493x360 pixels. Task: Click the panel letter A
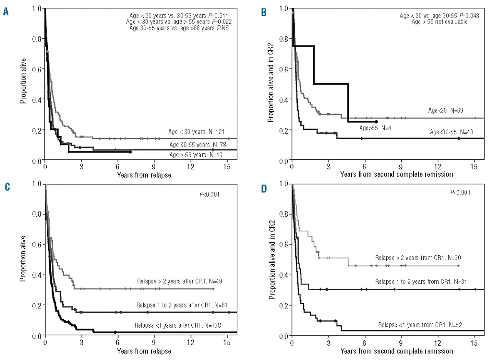pyautogui.click(x=6, y=13)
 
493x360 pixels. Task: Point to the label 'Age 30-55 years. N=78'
pyautogui.click(x=199, y=144)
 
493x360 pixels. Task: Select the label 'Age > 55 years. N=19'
pyautogui.click(x=199, y=155)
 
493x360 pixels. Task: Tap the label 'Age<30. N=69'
pyautogui.click(x=446, y=111)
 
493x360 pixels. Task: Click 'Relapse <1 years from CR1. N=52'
pyautogui.click(x=420, y=324)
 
